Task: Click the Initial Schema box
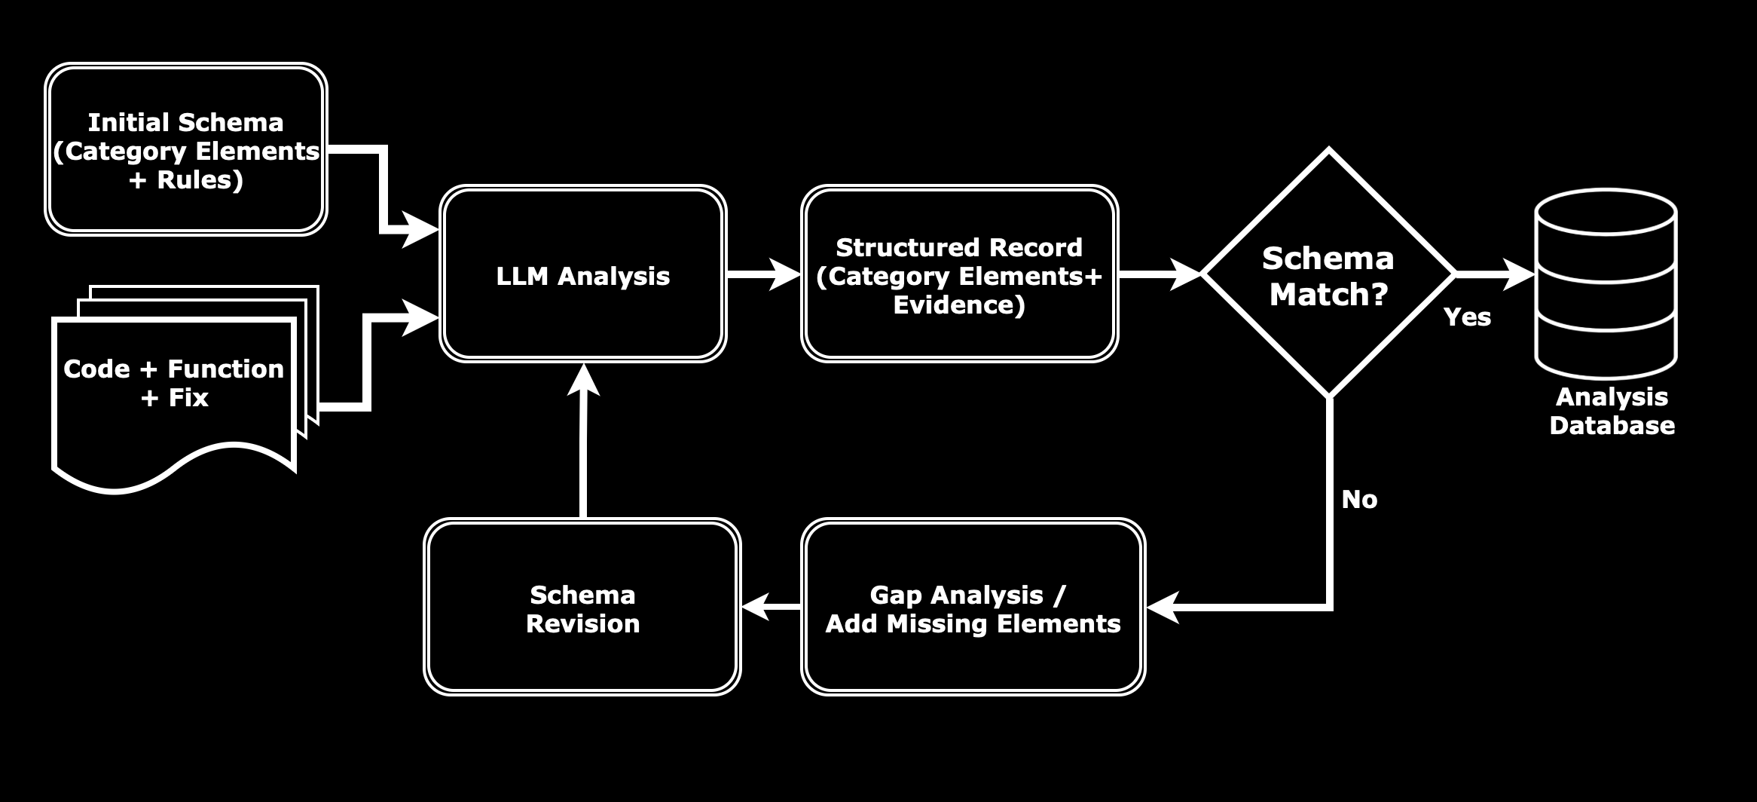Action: [x=185, y=149]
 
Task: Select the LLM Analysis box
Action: [x=582, y=274]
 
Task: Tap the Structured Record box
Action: [x=959, y=274]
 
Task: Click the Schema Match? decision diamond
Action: [x=1328, y=274]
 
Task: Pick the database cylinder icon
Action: [x=1606, y=284]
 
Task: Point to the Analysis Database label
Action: [x=1612, y=412]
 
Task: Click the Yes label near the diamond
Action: [x=1467, y=317]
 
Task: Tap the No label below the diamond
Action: [x=1359, y=500]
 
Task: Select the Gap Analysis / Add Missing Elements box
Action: [x=973, y=608]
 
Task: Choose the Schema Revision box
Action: [x=582, y=608]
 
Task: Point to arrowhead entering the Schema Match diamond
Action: [x=1184, y=274]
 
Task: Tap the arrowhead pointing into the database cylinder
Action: [x=1520, y=274]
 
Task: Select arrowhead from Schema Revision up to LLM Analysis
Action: [x=583, y=380]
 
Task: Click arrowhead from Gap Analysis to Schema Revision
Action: [x=756, y=607]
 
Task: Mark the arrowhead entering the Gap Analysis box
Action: [x=1163, y=607]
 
